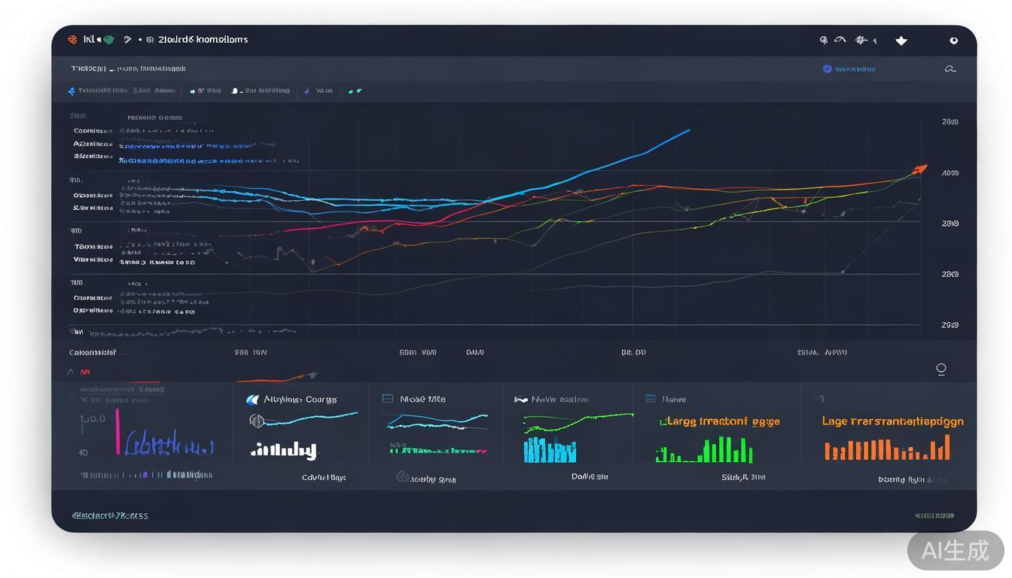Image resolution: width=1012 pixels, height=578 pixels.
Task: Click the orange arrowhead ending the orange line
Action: point(919,169)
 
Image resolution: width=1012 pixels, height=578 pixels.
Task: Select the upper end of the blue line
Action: point(688,130)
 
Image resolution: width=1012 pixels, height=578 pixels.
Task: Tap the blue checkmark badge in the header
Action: point(828,69)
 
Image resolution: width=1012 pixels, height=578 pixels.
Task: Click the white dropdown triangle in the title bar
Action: point(901,41)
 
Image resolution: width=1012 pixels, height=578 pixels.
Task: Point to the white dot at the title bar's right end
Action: point(953,41)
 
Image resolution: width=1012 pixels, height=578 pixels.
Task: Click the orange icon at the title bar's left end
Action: point(72,39)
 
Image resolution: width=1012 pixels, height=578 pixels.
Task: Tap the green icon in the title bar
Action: point(108,39)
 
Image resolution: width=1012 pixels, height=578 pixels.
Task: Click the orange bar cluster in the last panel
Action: point(887,450)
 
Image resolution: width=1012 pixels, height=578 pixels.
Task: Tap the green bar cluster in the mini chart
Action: point(705,451)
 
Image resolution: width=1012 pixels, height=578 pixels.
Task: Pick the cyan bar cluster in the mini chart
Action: point(550,450)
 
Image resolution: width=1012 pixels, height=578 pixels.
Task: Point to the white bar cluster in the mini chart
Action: point(283,451)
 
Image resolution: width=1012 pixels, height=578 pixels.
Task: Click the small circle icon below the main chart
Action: point(940,369)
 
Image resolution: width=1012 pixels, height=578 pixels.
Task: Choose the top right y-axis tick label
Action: point(950,122)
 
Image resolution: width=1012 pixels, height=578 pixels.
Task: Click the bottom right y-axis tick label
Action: point(950,325)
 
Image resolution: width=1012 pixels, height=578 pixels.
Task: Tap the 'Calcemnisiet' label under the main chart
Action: point(93,352)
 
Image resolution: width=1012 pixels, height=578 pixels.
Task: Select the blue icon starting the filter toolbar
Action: point(72,91)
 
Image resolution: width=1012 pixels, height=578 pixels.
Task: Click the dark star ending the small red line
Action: point(312,375)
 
